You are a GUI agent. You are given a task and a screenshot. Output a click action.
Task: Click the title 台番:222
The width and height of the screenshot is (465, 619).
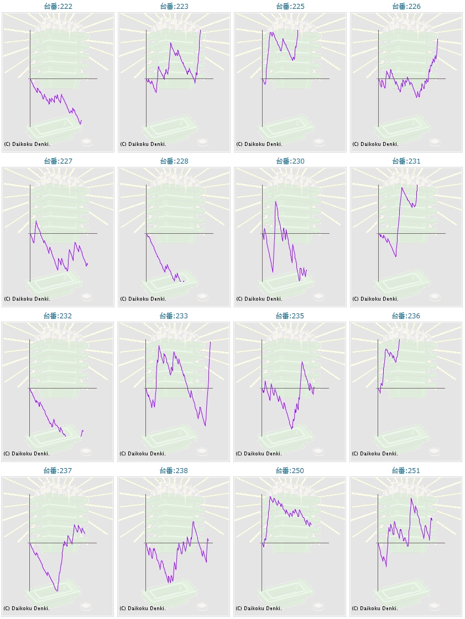coord(58,6)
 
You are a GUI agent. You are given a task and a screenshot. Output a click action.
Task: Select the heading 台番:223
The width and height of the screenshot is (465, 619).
coord(174,6)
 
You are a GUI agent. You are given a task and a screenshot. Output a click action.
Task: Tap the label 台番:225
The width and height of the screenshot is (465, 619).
coord(290,6)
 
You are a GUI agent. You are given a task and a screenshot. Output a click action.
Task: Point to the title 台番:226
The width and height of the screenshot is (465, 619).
coord(406,6)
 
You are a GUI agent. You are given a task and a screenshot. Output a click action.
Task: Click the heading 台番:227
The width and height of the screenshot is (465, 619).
coord(58,161)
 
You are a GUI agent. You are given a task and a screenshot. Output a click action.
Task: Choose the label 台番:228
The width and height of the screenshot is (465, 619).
coord(174,161)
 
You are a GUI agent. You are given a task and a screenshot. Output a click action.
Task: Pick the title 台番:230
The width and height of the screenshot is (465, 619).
coord(290,161)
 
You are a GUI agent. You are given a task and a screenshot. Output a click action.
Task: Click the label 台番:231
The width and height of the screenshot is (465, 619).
coord(406,161)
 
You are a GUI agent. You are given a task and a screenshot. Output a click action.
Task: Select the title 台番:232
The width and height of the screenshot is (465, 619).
coord(58,316)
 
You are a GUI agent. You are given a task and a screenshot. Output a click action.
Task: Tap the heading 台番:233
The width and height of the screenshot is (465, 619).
coord(174,316)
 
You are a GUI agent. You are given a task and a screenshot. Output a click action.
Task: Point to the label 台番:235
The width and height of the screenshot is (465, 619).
coord(290,316)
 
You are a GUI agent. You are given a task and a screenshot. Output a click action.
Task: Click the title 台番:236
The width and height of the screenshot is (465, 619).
coord(406,316)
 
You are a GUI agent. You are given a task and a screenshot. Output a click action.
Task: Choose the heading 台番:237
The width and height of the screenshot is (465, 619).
coord(58,470)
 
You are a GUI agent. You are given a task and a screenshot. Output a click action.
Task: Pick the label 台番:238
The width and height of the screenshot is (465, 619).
coord(174,470)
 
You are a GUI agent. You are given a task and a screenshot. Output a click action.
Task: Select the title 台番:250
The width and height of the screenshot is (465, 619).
coord(290,470)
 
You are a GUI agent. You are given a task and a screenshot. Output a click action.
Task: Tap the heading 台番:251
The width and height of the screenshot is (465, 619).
coord(406,470)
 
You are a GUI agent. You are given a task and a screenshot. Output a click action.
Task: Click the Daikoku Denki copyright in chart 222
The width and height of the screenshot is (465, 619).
coord(27,144)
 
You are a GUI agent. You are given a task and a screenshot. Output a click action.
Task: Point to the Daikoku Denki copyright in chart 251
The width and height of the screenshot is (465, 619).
coord(375,608)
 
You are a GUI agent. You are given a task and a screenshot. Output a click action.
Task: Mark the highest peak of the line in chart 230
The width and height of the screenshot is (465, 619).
coord(275,202)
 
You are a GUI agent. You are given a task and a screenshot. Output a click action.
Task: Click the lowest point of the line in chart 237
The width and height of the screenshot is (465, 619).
coord(57,591)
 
